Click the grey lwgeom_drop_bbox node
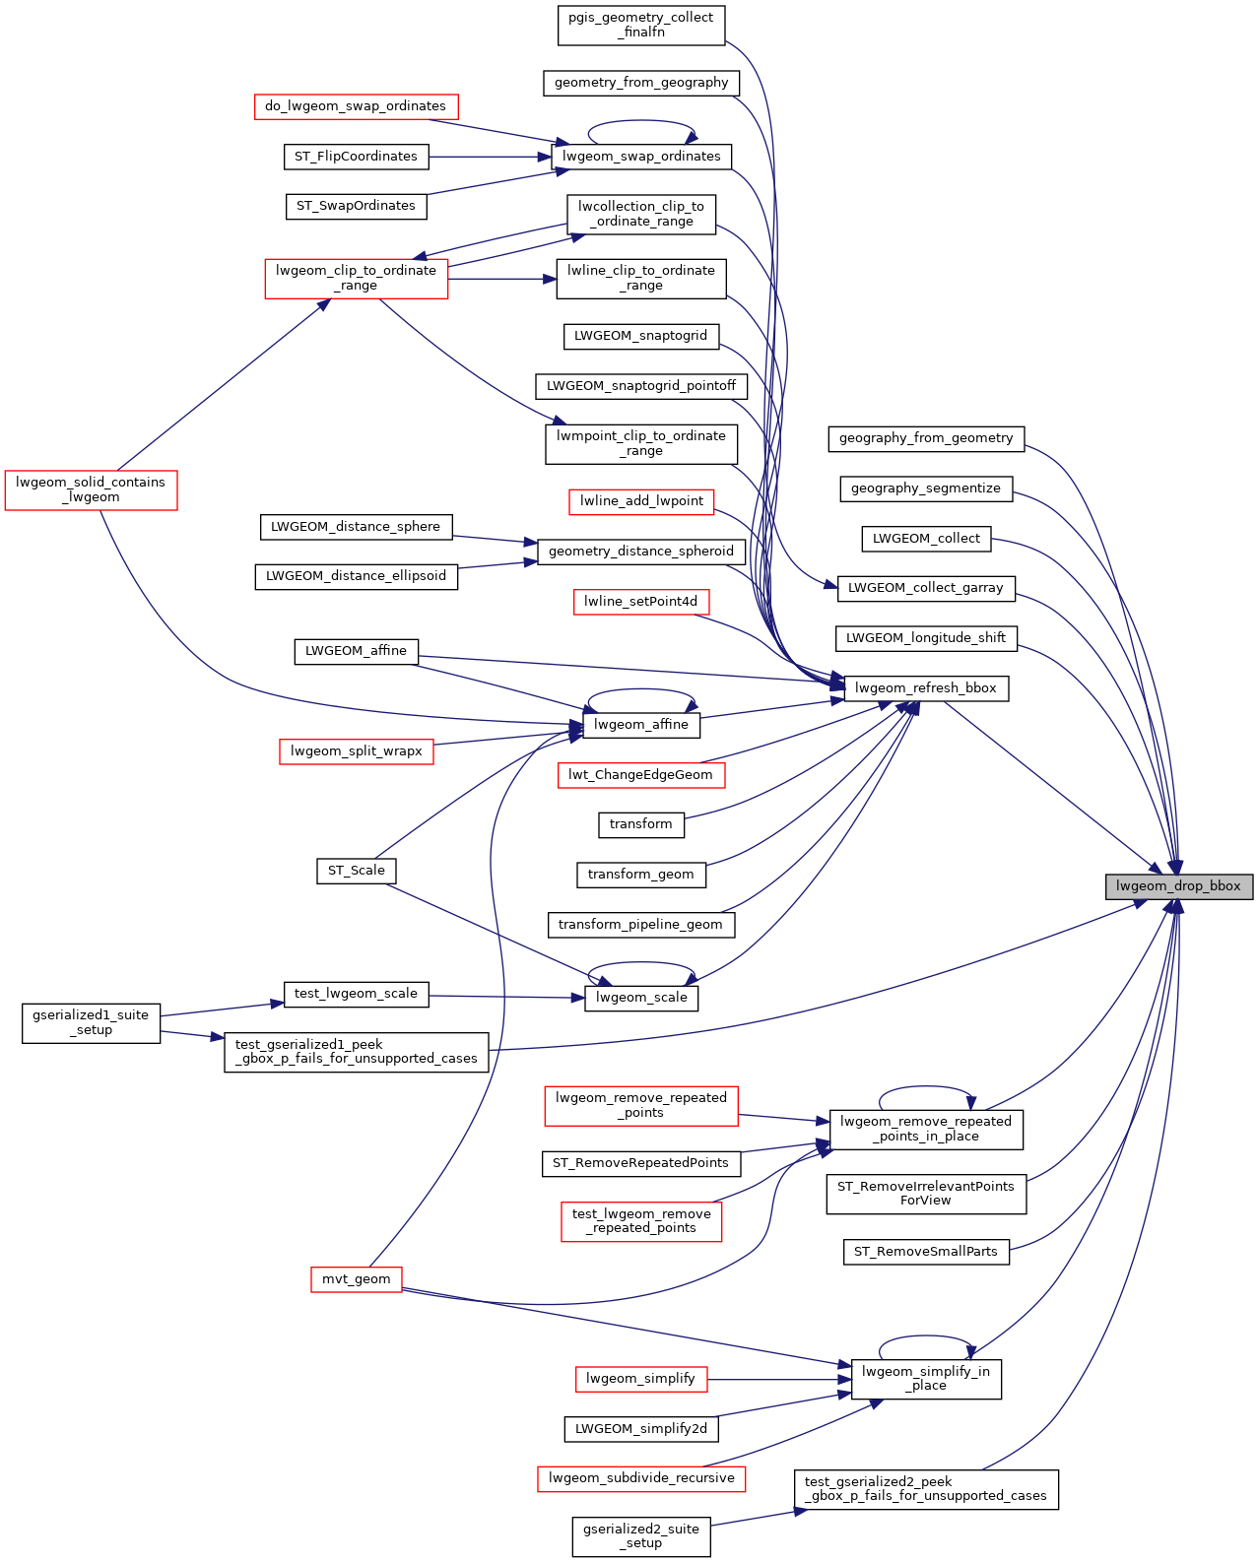pyautogui.click(x=1178, y=886)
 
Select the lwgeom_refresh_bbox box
pyautogui.click(x=926, y=688)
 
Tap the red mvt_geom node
pyautogui.click(x=357, y=1279)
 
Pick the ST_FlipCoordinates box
pyautogui.click(x=357, y=157)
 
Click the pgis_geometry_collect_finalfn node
pyautogui.click(x=641, y=25)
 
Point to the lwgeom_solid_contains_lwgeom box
pyautogui.click(x=91, y=489)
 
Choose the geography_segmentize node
pyautogui.click(x=926, y=488)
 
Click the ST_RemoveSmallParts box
pyautogui.click(x=926, y=1252)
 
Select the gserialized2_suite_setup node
pyautogui.click(x=641, y=1536)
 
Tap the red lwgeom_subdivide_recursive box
pyautogui.click(x=641, y=1478)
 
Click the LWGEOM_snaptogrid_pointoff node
pyautogui.click(x=641, y=386)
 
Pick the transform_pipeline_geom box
pyautogui.click(x=640, y=925)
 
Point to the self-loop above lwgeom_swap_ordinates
pyautogui.click(x=641, y=122)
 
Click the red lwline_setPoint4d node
pyautogui.click(x=641, y=602)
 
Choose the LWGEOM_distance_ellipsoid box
pyautogui.click(x=357, y=576)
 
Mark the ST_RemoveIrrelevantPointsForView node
pyautogui.click(x=926, y=1194)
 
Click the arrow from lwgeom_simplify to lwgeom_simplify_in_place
pyautogui.click(x=778, y=1379)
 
